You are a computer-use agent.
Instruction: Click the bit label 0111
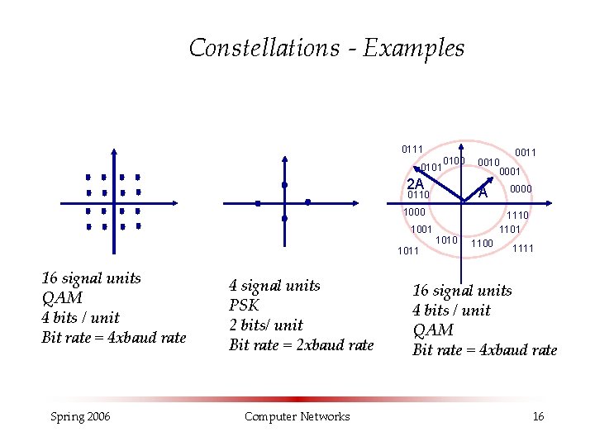[412, 149]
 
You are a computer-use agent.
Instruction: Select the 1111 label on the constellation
[523, 249]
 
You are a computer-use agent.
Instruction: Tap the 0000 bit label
[521, 189]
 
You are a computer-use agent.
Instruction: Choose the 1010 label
[446, 240]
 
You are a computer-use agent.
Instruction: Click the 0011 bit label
[526, 152]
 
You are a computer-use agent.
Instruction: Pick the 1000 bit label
[414, 212]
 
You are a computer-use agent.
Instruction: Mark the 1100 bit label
[482, 243]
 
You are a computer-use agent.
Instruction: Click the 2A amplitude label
[415, 183]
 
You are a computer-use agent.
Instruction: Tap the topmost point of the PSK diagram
[283, 184]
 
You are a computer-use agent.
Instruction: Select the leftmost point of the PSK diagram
[258, 202]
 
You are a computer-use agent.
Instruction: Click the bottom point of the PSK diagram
[283, 219]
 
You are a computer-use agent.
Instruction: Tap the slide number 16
[538, 416]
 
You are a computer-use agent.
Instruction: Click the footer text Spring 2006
[79, 416]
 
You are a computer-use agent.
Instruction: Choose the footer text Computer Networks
[297, 416]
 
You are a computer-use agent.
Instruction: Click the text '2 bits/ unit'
[265, 325]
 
